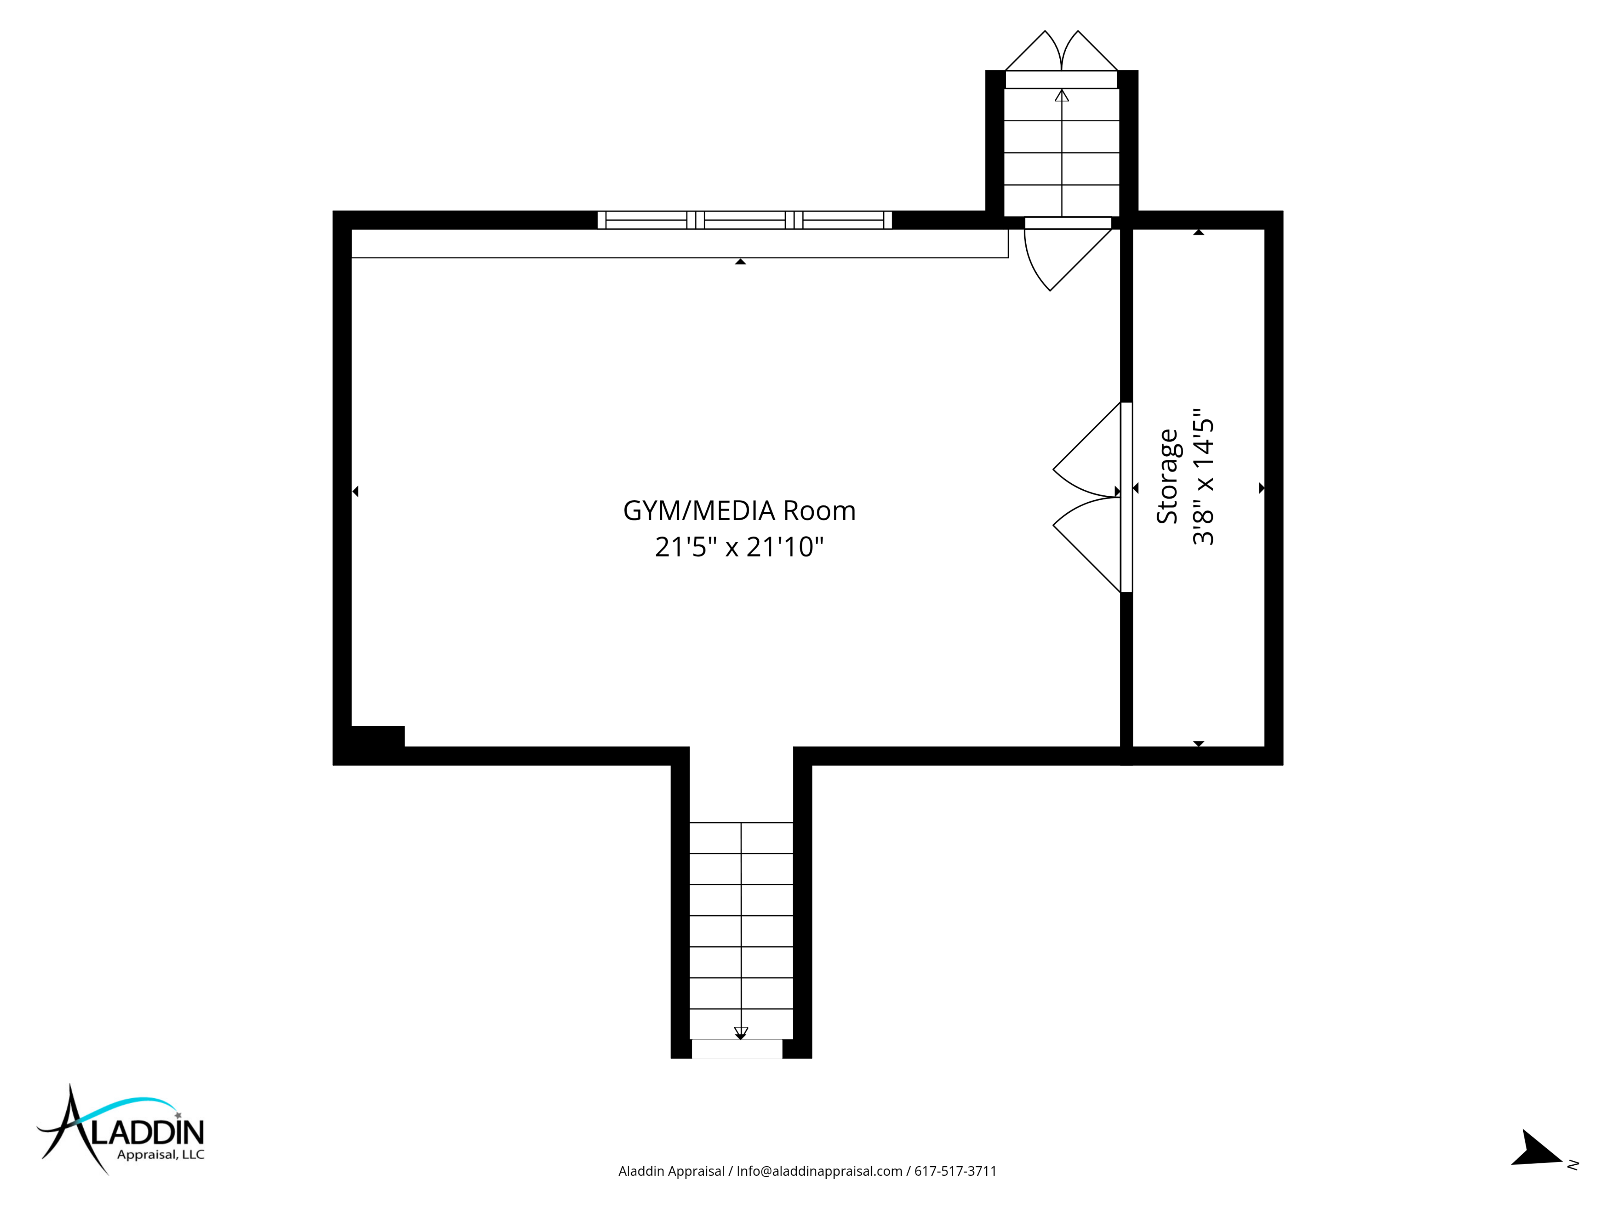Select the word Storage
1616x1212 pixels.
click(x=1168, y=476)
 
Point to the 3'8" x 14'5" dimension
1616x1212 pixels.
click(x=1202, y=476)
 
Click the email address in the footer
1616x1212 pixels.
click(x=819, y=1171)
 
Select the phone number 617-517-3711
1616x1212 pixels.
click(x=956, y=1171)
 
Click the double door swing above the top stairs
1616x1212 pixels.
click(x=1061, y=51)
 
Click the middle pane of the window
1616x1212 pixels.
click(x=745, y=220)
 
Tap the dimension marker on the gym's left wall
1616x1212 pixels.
click(x=356, y=492)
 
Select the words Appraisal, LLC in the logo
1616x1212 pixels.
click(x=161, y=1155)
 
